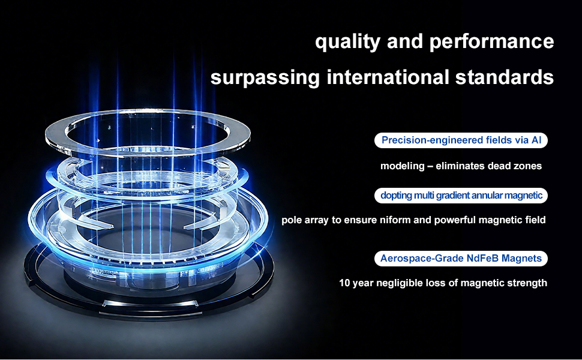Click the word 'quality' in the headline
click(347, 41)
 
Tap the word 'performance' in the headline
click(492, 41)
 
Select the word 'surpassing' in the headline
click(265, 77)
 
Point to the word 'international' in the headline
click(388, 77)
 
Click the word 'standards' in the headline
click(505, 77)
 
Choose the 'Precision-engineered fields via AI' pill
click(461, 140)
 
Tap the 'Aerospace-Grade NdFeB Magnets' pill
click(461, 259)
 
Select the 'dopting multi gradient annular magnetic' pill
click(461, 195)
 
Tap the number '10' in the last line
click(344, 283)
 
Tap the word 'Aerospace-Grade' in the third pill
click(422, 259)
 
